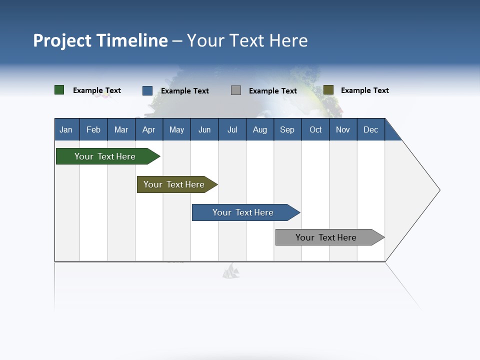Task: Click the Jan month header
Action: pos(66,129)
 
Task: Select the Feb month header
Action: pos(93,129)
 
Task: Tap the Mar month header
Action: pos(121,129)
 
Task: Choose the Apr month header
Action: pos(149,129)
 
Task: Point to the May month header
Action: pos(176,129)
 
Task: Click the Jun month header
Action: pos(204,129)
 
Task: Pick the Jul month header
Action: pos(232,129)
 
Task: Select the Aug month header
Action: pos(260,129)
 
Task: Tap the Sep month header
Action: pos(287,129)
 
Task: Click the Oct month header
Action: pos(315,129)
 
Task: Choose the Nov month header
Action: pos(343,129)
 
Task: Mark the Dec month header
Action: pos(371,129)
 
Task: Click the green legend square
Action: pos(59,90)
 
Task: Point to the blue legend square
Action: pos(147,90)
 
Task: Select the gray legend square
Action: pos(236,90)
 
